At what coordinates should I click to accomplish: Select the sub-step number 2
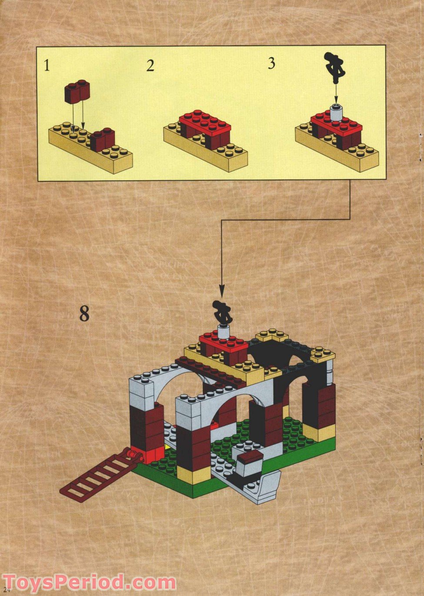(x=150, y=66)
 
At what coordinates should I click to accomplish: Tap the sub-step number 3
(x=271, y=63)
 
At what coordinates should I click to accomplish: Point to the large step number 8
(x=84, y=313)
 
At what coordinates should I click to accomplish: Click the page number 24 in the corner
(x=6, y=591)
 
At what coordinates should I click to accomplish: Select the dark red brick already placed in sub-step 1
(x=103, y=140)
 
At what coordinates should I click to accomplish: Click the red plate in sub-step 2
(x=205, y=122)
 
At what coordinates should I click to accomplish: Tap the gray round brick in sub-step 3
(x=335, y=113)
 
